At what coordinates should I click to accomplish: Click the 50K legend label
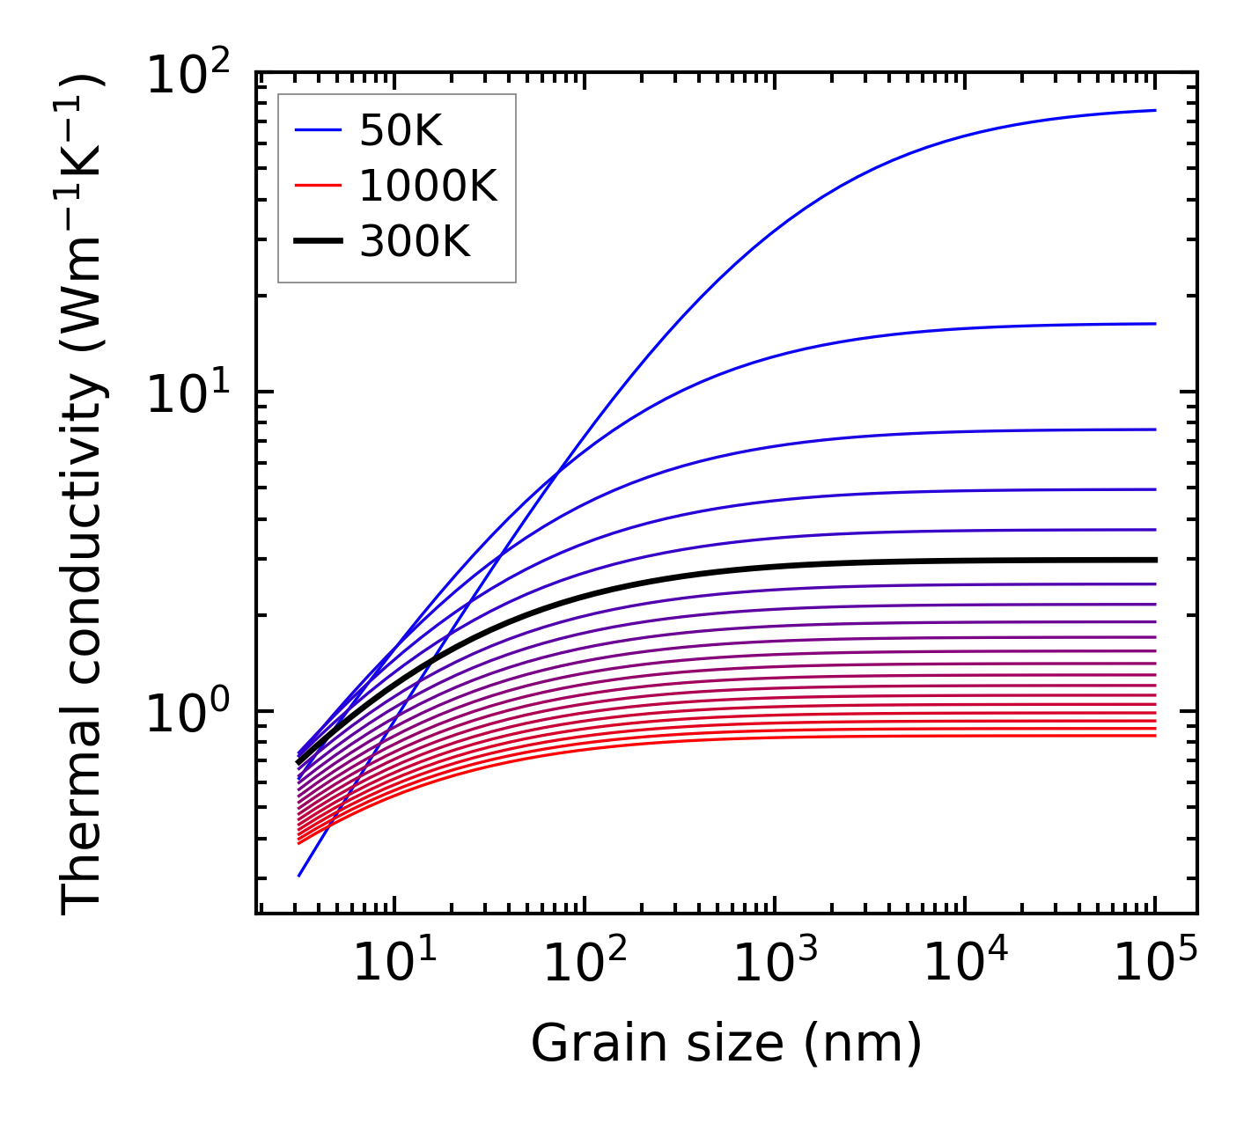pyautogui.click(x=401, y=132)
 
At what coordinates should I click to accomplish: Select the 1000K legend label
pyautogui.click(x=428, y=187)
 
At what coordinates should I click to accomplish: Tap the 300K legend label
pyautogui.click(x=415, y=241)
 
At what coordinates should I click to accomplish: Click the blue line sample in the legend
pyautogui.click(x=318, y=131)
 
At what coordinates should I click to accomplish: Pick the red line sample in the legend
pyautogui.click(x=318, y=186)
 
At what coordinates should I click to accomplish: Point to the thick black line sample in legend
pyautogui.click(x=318, y=240)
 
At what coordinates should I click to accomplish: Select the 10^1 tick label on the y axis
pyautogui.click(x=187, y=394)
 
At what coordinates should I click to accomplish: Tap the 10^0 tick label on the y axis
pyautogui.click(x=187, y=714)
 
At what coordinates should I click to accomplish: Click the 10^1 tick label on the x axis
pyautogui.click(x=394, y=961)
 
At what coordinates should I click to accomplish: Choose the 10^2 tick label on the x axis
pyautogui.click(x=584, y=961)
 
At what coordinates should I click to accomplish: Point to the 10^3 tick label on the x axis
pyautogui.click(x=775, y=961)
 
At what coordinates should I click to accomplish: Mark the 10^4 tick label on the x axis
pyautogui.click(x=965, y=961)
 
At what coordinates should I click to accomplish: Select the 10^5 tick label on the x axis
pyautogui.click(x=1155, y=961)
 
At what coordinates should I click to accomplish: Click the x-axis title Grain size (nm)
pyautogui.click(x=726, y=1045)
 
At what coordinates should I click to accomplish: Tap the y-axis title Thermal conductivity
pyautogui.click(x=84, y=493)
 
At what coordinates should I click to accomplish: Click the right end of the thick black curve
pyautogui.click(x=1154, y=560)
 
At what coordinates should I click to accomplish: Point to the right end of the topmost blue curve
pyautogui.click(x=1154, y=110)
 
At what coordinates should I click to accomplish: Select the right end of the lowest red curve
pyautogui.click(x=1154, y=735)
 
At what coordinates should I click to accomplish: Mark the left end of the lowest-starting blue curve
pyautogui.click(x=299, y=876)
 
